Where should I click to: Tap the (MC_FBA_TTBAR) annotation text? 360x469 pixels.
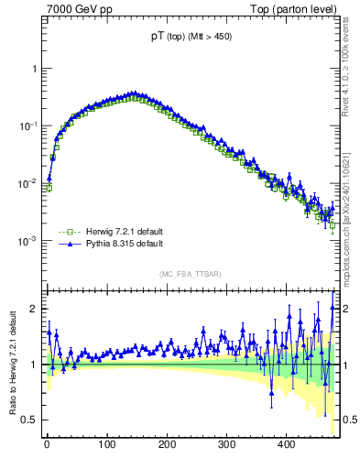[191, 274]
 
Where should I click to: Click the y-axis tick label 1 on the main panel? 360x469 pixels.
[34, 69]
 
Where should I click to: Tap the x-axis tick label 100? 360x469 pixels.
[107, 445]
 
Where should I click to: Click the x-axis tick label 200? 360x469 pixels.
[167, 445]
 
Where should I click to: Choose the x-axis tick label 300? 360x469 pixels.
[227, 445]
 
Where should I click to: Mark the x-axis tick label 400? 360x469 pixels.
[287, 445]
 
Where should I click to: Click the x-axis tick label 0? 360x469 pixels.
[47, 445]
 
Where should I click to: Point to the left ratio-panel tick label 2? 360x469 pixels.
[34, 309]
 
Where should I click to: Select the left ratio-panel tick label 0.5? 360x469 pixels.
[30, 420]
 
